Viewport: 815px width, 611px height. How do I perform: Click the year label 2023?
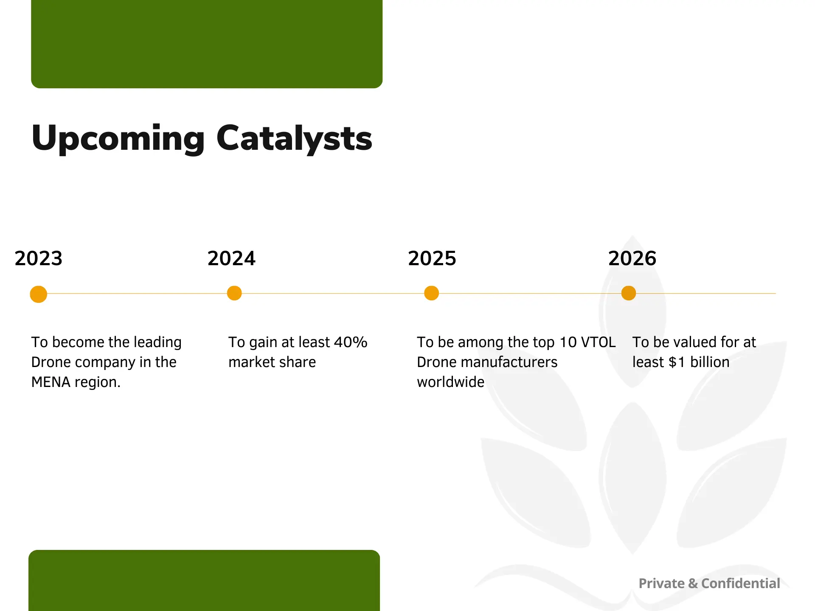pos(39,258)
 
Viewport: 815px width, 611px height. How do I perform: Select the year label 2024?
pos(231,258)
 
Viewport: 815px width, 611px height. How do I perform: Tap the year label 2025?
pos(432,258)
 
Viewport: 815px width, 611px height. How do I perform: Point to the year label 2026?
pos(632,258)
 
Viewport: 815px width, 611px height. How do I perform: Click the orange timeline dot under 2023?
pos(39,294)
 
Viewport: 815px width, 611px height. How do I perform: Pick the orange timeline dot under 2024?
pos(234,293)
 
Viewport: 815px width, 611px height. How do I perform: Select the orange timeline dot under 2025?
pos(431,293)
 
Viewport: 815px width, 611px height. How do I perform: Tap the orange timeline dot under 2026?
pos(629,293)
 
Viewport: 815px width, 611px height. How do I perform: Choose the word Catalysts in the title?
pos(294,138)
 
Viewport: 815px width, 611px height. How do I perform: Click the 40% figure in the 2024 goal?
pos(351,342)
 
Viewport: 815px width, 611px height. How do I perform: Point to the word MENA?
pos(51,382)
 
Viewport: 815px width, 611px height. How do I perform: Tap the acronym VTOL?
pos(598,342)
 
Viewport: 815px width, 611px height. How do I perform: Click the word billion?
pos(710,362)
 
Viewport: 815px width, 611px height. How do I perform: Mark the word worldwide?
pos(451,382)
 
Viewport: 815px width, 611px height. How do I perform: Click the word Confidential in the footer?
pos(741,583)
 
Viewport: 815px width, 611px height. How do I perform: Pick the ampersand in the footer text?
pos(693,583)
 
